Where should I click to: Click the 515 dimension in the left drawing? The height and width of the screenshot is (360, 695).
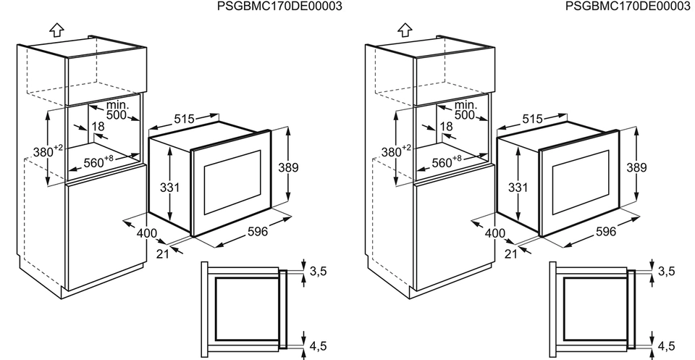tap(185, 119)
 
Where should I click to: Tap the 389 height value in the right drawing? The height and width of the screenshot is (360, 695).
tap(636, 167)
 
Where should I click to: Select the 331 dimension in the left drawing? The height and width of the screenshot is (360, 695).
tap(169, 187)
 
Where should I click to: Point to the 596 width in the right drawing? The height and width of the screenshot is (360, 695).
tap(605, 232)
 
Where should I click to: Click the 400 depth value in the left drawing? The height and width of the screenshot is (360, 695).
tap(147, 233)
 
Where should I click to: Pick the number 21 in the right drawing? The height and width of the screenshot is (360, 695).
tap(511, 254)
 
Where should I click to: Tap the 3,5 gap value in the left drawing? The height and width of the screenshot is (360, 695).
tap(318, 271)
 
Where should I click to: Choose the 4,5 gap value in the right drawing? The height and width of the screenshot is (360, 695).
tap(666, 346)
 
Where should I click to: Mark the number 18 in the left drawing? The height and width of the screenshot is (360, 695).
tap(98, 126)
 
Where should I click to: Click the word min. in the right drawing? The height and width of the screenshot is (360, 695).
tap(466, 105)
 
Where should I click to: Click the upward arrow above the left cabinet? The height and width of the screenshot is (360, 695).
tap(56, 30)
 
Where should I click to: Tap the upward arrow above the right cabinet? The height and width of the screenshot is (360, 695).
tap(405, 30)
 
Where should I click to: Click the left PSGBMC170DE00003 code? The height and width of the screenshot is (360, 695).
tap(279, 7)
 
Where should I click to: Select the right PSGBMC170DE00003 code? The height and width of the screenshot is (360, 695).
tap(628, 7)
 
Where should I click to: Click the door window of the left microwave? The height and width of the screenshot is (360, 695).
tap(232, 183)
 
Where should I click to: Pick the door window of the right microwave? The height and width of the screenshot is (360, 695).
tap(581, 183)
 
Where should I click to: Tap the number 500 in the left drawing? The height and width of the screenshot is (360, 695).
tap(117, 115)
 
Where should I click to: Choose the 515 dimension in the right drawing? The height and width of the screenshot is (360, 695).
tap(533, 119)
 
